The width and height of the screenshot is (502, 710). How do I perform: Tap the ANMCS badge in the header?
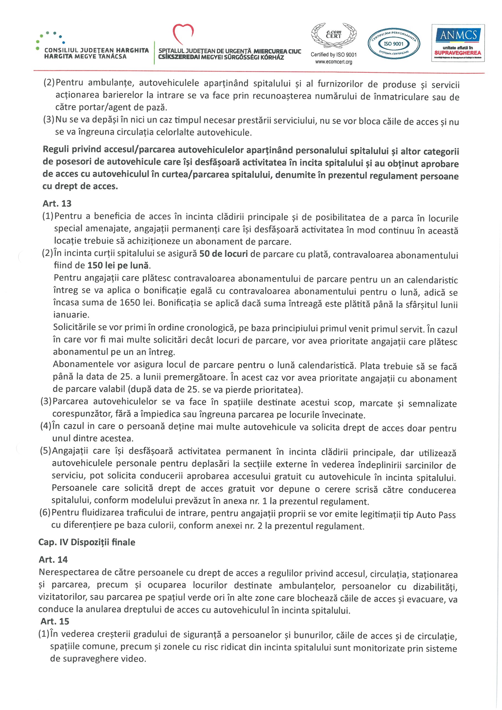pos(458,43)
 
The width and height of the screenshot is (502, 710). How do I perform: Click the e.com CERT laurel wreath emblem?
pos(333,35)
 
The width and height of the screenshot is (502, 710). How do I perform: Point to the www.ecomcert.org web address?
pos(333,62)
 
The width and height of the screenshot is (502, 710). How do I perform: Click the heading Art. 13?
pos(57,204)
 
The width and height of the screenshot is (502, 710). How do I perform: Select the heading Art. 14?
pos(53,559)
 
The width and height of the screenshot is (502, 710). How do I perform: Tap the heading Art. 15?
pos(55,621)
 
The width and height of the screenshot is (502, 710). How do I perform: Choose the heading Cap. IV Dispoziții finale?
pos(87,542)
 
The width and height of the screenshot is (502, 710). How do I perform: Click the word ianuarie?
pos(71,315)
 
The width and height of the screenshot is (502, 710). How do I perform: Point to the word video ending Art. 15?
pos(135,659)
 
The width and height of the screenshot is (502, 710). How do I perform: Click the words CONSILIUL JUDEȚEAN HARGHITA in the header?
pos(97,50)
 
